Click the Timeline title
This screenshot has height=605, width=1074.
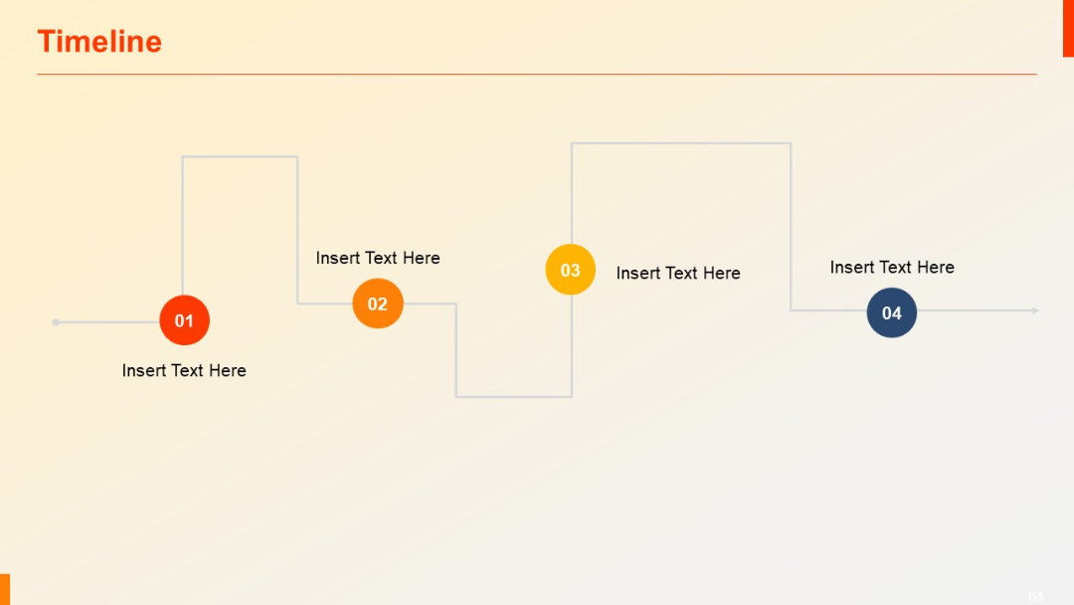(x=99, y=42)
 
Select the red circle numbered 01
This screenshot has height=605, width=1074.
(x=184, y=320)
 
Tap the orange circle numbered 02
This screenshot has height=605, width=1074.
(x=378, y=303)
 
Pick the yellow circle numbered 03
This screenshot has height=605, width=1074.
(x=570, y=270)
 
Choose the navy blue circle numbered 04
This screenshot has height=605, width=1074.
(x=891, y=312)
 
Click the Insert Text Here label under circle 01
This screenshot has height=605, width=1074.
(x=184, y=370)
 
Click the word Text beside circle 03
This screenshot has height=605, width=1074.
(x=678, y=273)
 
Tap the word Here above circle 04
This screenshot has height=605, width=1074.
(x=936, y=267)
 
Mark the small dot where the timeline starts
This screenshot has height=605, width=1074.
(x=56, y=321)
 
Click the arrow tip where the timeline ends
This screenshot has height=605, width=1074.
(x=1035, y=310)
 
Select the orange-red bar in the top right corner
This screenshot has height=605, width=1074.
(x=1068, y=28)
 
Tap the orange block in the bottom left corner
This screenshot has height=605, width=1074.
(x=5, y=588)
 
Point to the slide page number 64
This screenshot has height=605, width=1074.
(x=1036, y=595)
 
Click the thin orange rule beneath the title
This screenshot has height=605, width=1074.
(x=537, y=74)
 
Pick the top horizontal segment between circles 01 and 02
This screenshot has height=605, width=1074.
(x=240, y=156)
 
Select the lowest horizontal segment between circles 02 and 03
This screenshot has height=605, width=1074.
(x=513, y=397)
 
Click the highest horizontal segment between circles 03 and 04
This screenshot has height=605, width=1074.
(x=681, y=143)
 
